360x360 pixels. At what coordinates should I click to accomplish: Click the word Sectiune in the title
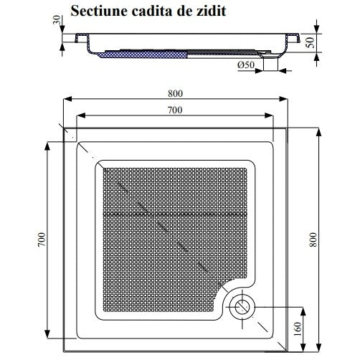click(x=98, y=11)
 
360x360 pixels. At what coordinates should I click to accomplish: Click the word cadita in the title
click(x=152, y=11)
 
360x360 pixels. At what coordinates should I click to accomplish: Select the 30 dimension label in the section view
click(x=57, y=19)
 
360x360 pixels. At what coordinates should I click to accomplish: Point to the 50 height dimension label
click(x=311, y=42)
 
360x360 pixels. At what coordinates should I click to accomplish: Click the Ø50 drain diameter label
click(x=246, y=65)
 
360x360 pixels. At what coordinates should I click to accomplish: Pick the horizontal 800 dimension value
click(x=175, y=93)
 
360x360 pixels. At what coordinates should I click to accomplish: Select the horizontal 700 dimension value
click(x=175, y=110)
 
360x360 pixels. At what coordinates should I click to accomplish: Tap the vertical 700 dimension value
click(x=42, y=240)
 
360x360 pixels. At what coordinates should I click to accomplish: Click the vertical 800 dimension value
click(x=313, y=240)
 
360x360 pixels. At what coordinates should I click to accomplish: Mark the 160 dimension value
click(x=297, y=329)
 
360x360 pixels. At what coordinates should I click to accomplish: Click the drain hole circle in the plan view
click(x=242, y=308)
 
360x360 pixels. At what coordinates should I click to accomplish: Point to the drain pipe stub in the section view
click(x=270, y=64)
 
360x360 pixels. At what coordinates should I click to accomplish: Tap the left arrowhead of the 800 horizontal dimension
click(x=67, y=99)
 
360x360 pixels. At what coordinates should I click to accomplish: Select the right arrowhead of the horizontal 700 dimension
click(x=269, y=115)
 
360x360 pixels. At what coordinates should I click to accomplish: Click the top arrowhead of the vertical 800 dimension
click(x=318, y=133)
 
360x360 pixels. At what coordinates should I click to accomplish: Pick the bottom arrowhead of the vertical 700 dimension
click(x=47, y=334)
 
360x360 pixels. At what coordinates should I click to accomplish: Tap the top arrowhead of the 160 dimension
click(x=303, y=311)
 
